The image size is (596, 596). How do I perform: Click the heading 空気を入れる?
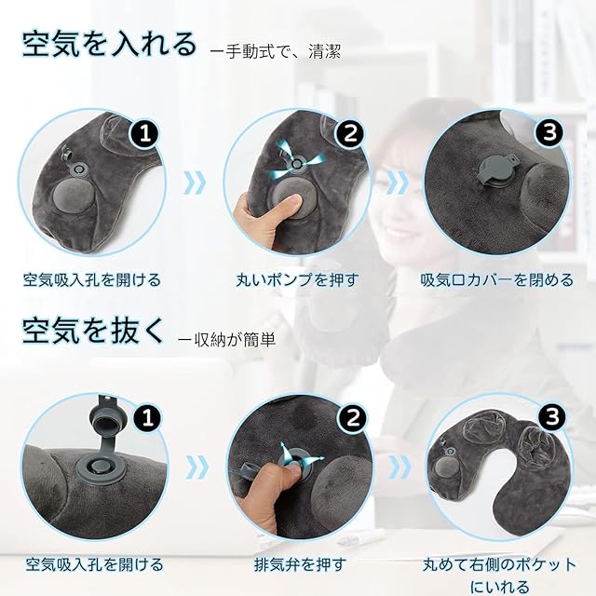click(x=109, y=46)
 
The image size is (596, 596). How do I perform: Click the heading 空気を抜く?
click(x=93, y=332)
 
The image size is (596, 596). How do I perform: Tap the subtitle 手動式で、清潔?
click(x=276, y=52)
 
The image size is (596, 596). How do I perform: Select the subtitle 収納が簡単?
click(x=227, y=339)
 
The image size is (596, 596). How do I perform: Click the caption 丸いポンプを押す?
click(x=297, y=280)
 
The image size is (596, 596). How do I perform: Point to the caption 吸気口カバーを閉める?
click(x=496, y=280)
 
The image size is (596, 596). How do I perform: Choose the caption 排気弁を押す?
click(x=300, y=564)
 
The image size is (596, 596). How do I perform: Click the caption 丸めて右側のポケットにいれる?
click(x=499, y=575)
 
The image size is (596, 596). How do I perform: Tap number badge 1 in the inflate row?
click(x=145, y=134)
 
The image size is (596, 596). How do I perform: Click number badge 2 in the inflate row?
click(x=350, y=134)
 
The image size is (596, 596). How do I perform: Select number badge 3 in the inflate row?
click(x=550, y=132)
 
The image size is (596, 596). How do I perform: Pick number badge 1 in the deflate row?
click(x=147, y=417)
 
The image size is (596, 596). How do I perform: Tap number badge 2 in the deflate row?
click(x=353, y=417)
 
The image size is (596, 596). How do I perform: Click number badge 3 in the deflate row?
click(x=552, y=416)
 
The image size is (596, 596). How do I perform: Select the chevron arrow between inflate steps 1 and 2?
click(x=195, y=183)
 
